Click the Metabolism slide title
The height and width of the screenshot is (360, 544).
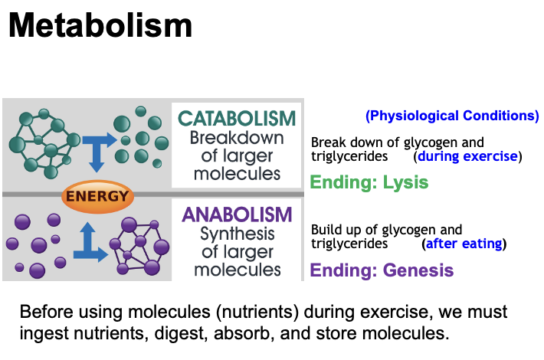point(100,26)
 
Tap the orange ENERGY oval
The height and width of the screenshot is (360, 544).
point(97,196)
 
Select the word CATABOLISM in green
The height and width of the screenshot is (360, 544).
point(236,119)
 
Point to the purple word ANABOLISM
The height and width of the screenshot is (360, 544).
point(238,214)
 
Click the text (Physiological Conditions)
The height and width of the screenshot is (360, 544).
point(452,116)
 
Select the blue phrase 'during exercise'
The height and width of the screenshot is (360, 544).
point(467,156)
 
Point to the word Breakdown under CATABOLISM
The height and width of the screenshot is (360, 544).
point(236,139)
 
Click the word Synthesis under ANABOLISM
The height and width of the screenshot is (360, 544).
point(236,234)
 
